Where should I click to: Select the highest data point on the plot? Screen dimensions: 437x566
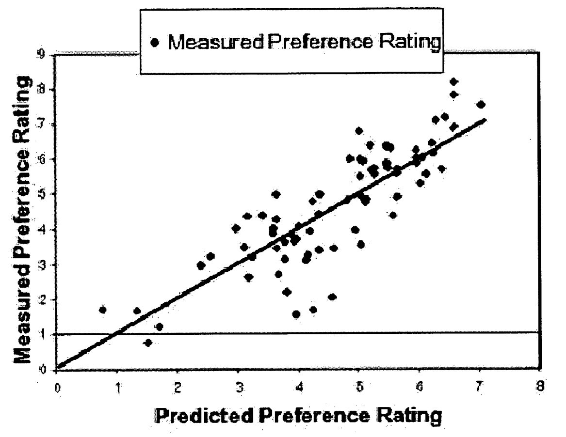coord(453,81)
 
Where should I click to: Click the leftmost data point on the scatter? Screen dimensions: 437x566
coord(102,310)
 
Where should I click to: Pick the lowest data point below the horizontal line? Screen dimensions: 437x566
coord(148,343)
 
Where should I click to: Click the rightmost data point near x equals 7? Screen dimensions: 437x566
coord(481,104)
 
